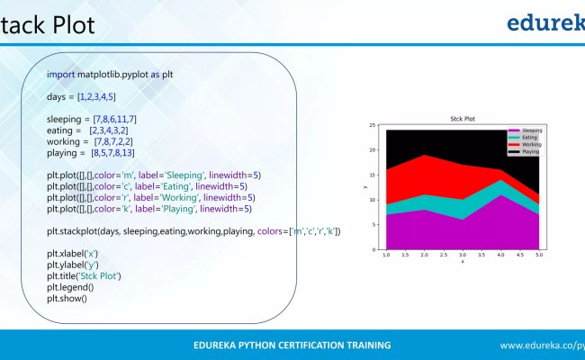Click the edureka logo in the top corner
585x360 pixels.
coord(545,22)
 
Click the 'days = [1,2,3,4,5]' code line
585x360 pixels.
coord(81,96)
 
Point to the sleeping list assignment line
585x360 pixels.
coord(92,119)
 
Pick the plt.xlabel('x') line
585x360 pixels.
coord(72,254)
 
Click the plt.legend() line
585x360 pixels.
coord(70,287)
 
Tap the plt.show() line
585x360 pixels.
coord(67,299)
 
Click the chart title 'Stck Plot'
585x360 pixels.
coord(463,119)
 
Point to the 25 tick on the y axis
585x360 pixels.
coord(373,125)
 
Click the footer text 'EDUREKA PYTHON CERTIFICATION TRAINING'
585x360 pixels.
coord(292,345)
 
